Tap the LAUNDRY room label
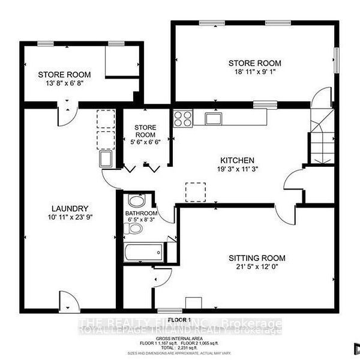(70, 208)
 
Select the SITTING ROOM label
(254, 257)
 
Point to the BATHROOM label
(141, 214)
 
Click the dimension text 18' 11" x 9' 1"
(254, 74)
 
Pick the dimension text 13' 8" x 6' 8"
(64, 85)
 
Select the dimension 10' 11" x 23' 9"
(70, 218)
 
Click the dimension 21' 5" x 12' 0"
(254, 267)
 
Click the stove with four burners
(183, 118)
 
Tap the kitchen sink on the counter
(214, 118)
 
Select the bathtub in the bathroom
(145, 253)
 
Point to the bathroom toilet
(136, 229)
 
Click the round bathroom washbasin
(136, 201)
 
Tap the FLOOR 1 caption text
(179, 319)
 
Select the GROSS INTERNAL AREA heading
(179, 326)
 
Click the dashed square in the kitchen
(196, 192)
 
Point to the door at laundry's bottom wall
(68, 300)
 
